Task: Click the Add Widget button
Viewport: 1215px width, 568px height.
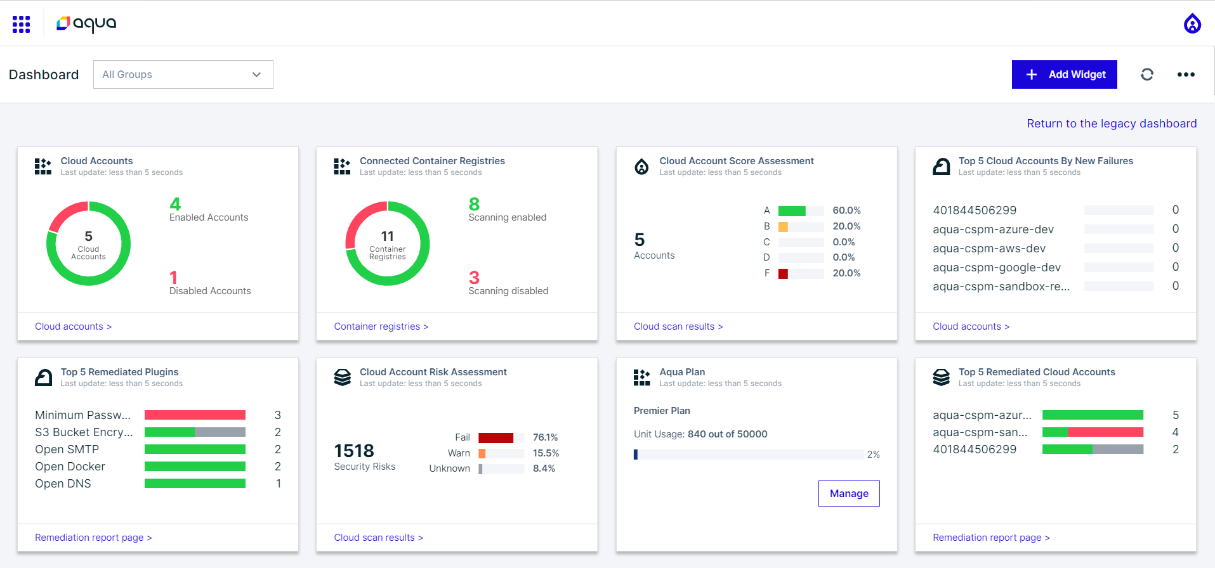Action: pos(1064,75)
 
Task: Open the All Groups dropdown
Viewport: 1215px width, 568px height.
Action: pos(183,75)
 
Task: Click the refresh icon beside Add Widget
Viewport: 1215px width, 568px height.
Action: pos(1146,75)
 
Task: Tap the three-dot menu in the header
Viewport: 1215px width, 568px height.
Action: pos(1185,75)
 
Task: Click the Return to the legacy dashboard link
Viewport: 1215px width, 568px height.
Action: pos(1111,124)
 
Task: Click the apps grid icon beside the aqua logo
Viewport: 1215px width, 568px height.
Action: pos(21,24)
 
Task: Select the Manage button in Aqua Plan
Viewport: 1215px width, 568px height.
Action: pos(848,493)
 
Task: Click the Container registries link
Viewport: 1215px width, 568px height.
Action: pos(381,326)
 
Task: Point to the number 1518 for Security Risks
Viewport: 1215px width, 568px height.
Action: pos(354,451)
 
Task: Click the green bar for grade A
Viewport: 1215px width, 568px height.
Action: pos(791,211)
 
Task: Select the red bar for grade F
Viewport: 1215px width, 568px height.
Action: pos(783,274)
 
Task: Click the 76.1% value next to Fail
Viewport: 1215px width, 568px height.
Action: pos(545,437)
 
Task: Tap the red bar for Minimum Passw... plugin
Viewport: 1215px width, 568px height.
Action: pos(195,415)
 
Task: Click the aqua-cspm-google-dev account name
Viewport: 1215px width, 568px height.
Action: pos(996,268)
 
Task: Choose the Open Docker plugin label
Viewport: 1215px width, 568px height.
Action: pos(70,467)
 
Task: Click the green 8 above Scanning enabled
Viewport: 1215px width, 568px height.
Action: pos(474,204)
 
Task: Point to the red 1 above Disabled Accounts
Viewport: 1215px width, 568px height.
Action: pos(173,278)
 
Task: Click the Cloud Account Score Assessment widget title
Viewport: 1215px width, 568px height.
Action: pos(736,161)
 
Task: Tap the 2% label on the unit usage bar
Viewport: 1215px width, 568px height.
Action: pos(873,455)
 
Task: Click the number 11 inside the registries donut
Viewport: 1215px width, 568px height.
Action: pos(387,236)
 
